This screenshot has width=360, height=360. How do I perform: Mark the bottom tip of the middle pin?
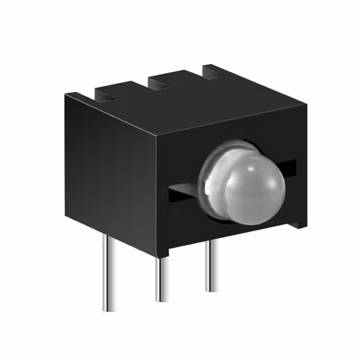point(162,300)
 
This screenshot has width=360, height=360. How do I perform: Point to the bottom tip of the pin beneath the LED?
point(212,290)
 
